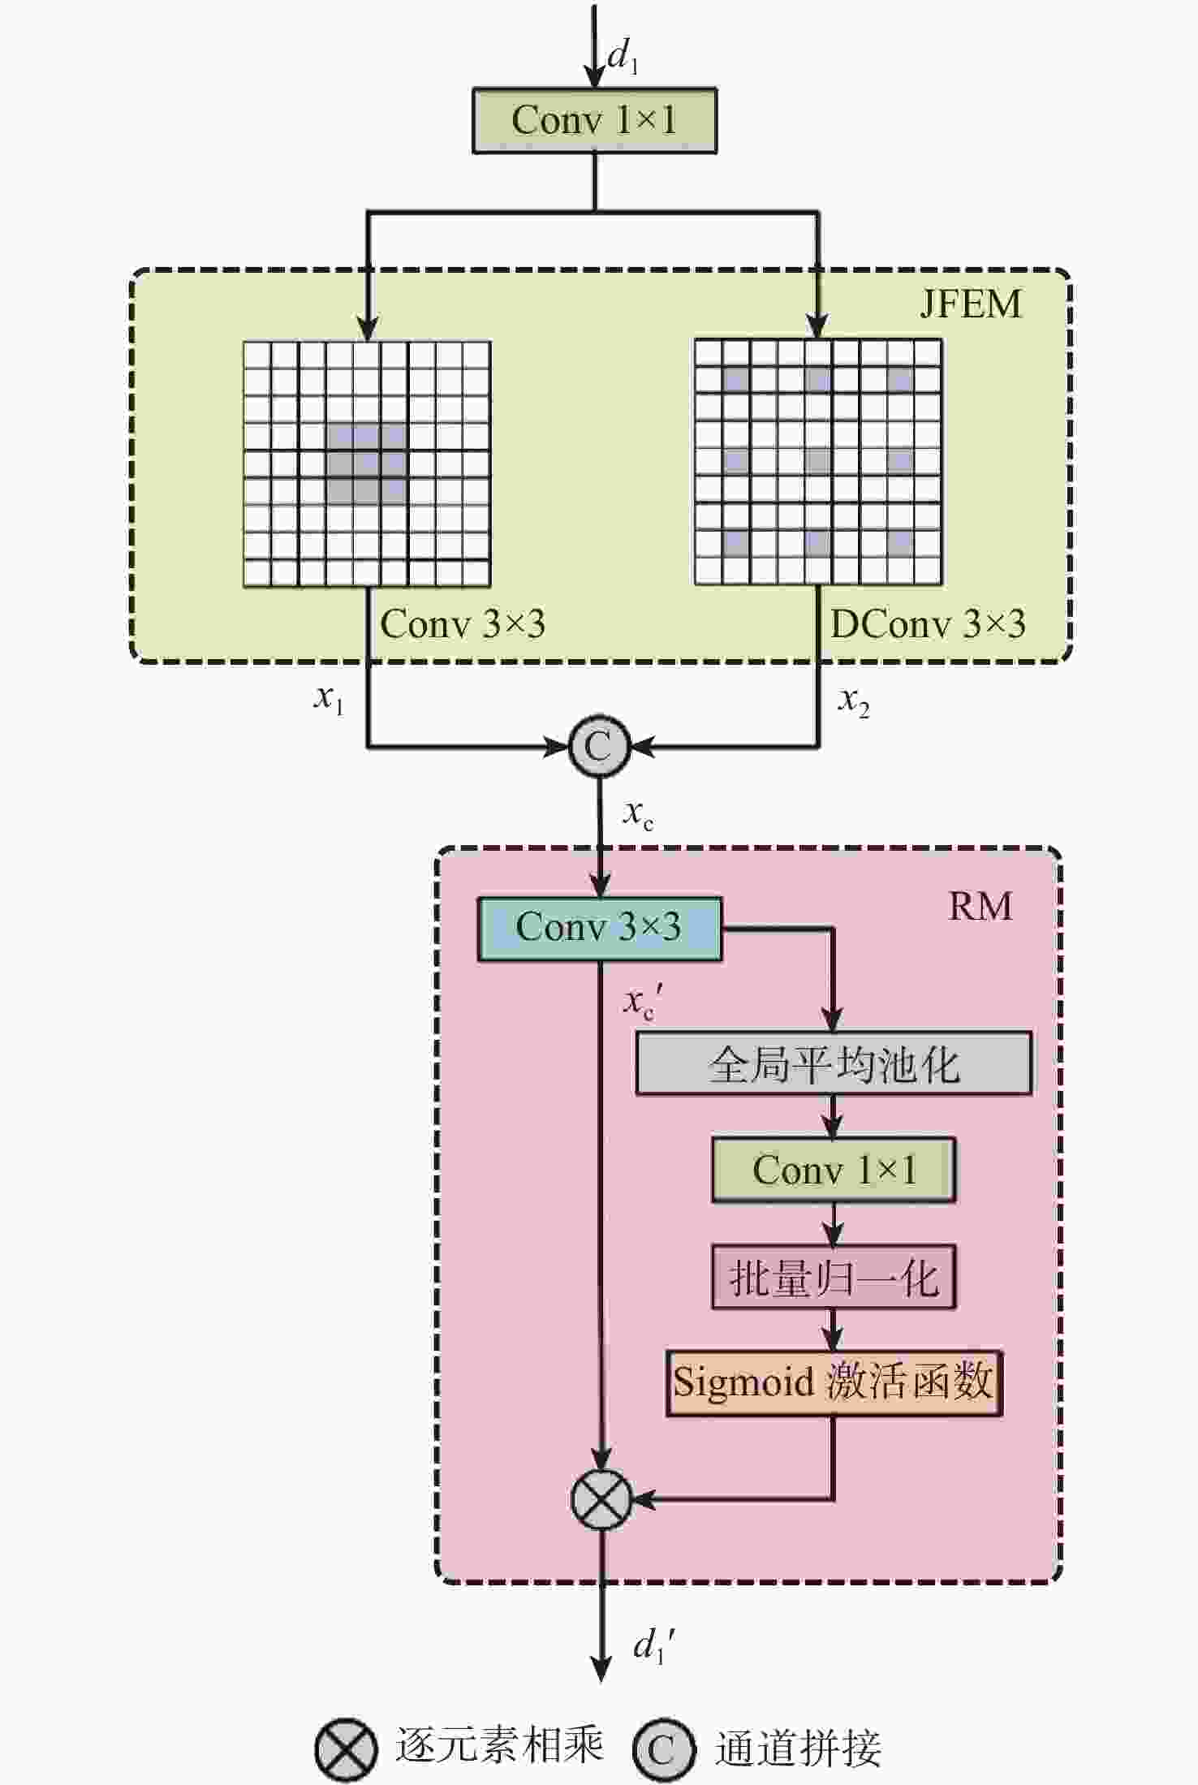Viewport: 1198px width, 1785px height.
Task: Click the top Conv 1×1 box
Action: point(594,121)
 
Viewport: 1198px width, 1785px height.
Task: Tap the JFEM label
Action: point(971,304)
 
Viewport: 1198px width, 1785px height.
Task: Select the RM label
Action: point(980,906)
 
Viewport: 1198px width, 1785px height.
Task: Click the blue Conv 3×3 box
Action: point(599,929)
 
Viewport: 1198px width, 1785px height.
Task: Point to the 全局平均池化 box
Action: point(834,1063)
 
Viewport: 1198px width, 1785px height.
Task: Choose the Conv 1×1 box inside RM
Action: point(834,1170)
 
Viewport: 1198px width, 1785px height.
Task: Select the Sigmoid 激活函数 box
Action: point(834,1382)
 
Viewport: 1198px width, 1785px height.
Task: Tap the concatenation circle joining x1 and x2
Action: point(599,745)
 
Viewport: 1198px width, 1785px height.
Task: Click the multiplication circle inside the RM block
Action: point(601,1499)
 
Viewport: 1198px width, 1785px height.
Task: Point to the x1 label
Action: point(329,698)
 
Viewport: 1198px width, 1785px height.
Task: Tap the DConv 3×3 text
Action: point(928,624)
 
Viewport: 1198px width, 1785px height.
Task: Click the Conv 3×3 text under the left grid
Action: point(463,624)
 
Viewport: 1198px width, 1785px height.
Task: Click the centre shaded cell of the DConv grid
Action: point(818,461)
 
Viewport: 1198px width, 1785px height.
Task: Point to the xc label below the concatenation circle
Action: point(638,813)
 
